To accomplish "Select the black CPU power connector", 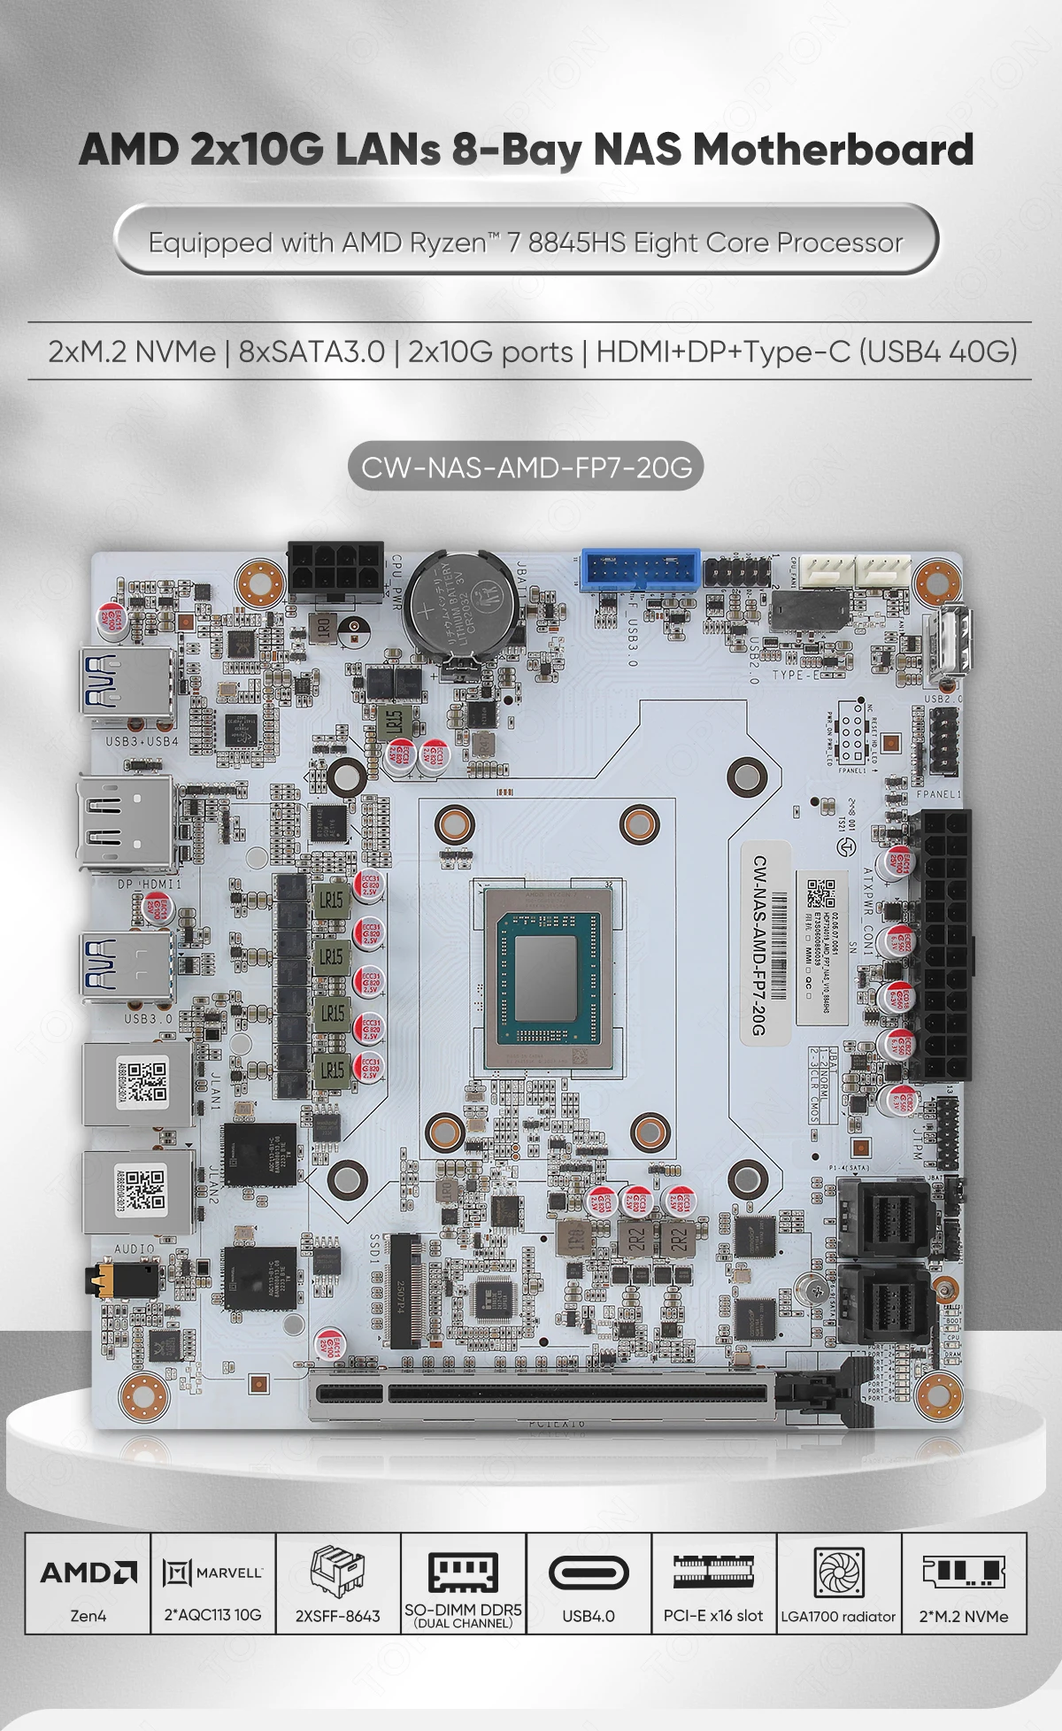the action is pyautogui.click(x=335, y=570).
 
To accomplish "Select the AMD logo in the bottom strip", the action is pyautogui.click(x=88, y=1573).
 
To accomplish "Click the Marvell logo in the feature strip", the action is pyautogui.click(x=213, y=1573).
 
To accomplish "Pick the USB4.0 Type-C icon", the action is pyautogui.click(x=589, y=1573).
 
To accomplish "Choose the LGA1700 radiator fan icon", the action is pyautogui.click(x=838, y=1573).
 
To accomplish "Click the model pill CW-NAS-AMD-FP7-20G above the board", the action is pyautogui.click(x=527, y=467).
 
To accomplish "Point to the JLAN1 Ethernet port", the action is pyautogui.click(x=137, y=1084).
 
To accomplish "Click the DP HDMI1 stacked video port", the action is pyautogui.click(x=126, y=823).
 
